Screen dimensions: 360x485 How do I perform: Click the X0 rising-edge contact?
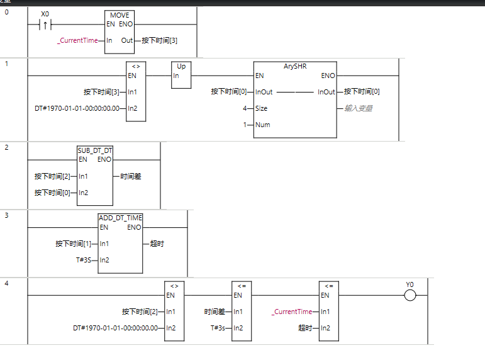coord(45,25)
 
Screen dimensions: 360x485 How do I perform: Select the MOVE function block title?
coord(120,14)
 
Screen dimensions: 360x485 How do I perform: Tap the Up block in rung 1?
coord(181,66)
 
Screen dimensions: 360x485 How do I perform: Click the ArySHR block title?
coord(294,65)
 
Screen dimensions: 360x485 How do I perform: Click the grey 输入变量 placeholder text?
coord(358,108)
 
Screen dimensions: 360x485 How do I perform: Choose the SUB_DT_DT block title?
coord(95,150)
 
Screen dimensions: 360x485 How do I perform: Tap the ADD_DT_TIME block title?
coord(120,218)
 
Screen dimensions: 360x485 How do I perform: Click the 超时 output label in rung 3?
coord(157,244)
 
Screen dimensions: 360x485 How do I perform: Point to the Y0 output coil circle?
coord(410,295)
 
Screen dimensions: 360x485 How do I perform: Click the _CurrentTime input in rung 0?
coord(78,40)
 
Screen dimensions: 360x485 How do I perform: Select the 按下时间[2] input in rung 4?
coord(140,312)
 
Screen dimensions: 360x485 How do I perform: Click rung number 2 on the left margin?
coord(7,148)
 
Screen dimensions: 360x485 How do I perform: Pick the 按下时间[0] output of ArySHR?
coord(362,92)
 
